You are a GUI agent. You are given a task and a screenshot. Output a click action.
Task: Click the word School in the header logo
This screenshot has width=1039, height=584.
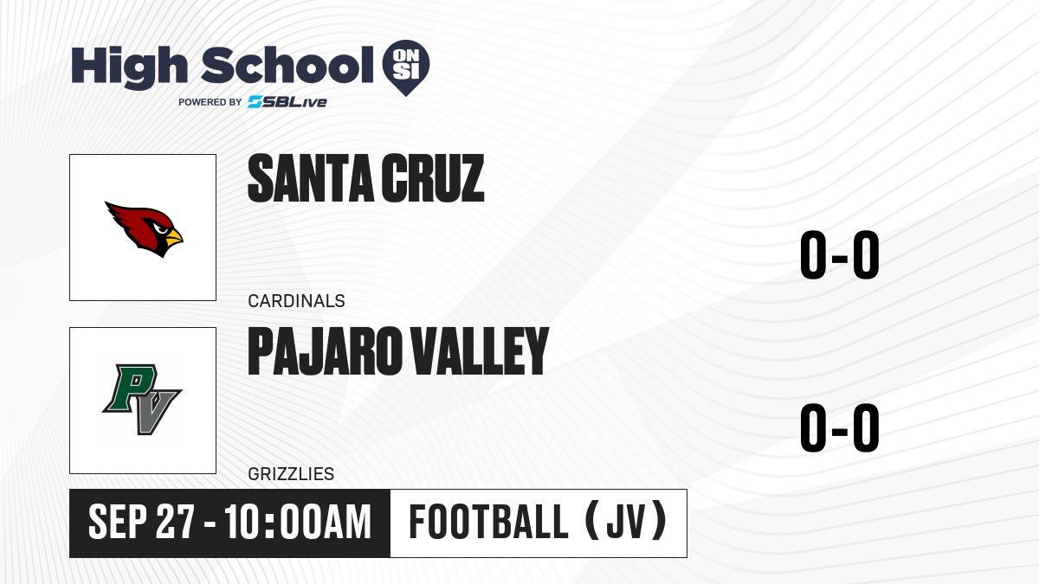click(287, 65)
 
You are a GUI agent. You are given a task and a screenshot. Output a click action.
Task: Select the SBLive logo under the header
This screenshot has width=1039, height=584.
click(287, 101)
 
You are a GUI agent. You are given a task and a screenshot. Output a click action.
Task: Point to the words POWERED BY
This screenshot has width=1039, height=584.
click(210, 102)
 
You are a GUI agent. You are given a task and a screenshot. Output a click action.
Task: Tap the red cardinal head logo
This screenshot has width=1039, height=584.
click(144, 229)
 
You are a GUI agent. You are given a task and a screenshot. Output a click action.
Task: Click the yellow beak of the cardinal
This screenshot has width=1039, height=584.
click(174, 237)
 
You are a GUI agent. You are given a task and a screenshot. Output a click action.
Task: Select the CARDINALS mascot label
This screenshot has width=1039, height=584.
click(296, 301)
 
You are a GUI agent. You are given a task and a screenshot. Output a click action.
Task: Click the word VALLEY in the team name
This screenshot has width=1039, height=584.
click(480, 351)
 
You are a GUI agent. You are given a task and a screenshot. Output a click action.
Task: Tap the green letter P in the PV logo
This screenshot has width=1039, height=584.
click(130, 388)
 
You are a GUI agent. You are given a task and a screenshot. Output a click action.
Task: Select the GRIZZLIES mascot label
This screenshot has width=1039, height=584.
click(291, 474)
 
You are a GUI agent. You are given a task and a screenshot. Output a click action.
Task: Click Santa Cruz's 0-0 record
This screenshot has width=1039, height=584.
click(840, 255)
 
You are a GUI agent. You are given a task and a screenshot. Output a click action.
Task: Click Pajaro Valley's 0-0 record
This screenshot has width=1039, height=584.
click(840, 427)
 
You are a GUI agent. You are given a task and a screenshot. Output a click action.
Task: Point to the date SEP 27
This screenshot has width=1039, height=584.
click(141, 522)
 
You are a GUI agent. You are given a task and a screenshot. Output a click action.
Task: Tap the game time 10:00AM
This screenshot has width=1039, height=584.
click(298, 522)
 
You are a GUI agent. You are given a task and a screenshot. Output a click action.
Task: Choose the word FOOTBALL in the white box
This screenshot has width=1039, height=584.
click(488, 522)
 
